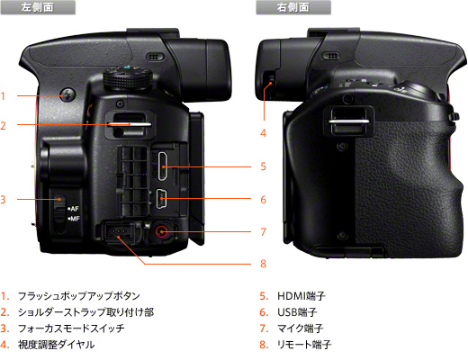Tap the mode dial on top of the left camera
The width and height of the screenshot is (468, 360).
[x=128, y=78]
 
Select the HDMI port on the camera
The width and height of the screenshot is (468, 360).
[x=162, y=166]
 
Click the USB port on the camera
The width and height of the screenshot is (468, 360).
[x=162, y=198]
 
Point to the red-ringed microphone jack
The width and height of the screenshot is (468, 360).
[x=161, y=231]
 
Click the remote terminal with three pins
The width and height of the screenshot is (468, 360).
[x=118, y=231]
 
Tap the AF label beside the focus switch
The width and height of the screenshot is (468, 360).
[x=73, y=209]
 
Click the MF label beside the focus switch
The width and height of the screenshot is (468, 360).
[x=74, y=219]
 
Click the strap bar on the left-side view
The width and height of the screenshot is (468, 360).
[x=130, y=124]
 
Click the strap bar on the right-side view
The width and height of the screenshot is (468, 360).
[x=349, y=121]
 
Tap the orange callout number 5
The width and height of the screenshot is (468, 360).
[x=263, y=166]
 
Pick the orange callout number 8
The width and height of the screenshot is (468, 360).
[x=263, y=264]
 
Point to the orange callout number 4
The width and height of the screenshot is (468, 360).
[x=263, y=132]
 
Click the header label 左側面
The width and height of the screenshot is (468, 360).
[x=38, y=7]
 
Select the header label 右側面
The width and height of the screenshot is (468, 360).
[x=293, y=7]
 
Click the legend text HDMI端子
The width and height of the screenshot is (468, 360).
[x=301, y=296]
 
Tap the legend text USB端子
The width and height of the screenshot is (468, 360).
[x=297, y=312]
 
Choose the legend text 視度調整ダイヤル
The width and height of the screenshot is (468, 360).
[x=56, y=345]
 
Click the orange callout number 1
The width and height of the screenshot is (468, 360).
[x=3, y=96]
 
